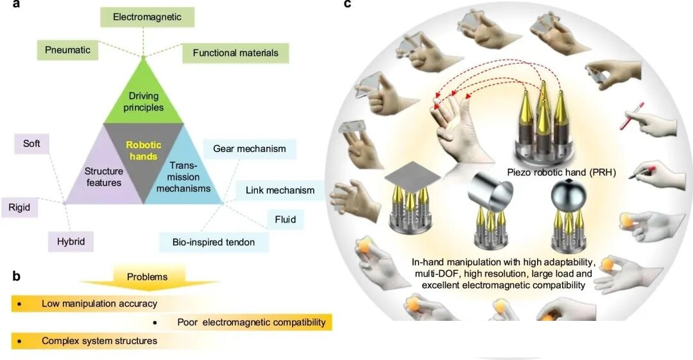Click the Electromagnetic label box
point(147,17)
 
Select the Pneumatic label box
point(67,49)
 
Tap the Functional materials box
point(235,53)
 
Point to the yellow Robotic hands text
point(144,150)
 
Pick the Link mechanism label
point(275,190)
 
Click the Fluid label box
point(285,219)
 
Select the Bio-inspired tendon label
point(214,242)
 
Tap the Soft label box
point(31,143)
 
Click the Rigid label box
point(19,207)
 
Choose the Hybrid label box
point(66,241)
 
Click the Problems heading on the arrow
point(147,277)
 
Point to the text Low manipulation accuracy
point(99,303)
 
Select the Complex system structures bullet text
point(99,341)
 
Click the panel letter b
point(17,277)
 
